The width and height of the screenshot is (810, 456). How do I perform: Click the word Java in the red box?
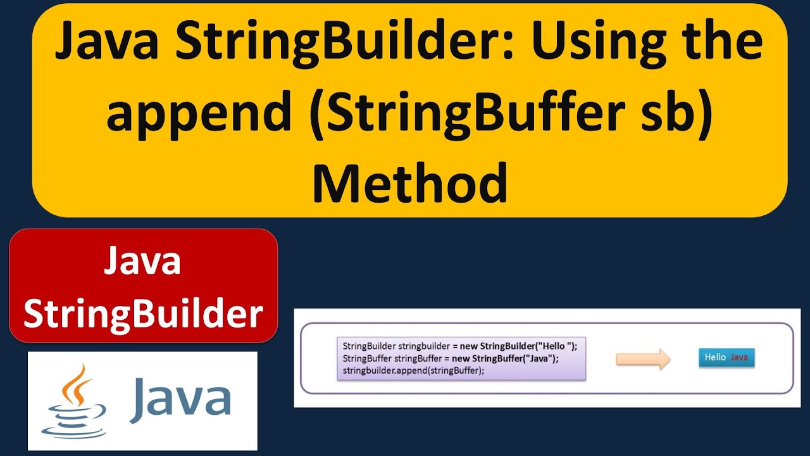[x=143, y=261]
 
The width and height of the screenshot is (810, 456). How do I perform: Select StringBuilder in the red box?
[x=143, y=313]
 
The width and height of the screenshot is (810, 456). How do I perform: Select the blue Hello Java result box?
[x=726, y=358]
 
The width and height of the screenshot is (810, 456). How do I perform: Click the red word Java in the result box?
[x=739, y=358]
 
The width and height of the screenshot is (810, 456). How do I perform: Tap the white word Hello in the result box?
[x=715, y=358]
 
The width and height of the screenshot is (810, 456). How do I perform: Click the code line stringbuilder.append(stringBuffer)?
[x=413, y=370]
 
